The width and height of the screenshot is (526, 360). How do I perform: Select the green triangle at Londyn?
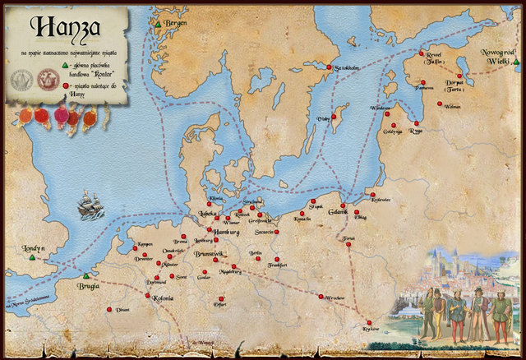pos(32,258)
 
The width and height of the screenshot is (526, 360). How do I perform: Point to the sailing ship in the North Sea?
pos(90,205)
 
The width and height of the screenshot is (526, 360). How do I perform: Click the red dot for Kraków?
pos(370,322)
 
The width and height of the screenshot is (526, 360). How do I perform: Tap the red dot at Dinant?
pos(109,309)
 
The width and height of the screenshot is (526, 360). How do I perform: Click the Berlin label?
pos(255,254)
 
